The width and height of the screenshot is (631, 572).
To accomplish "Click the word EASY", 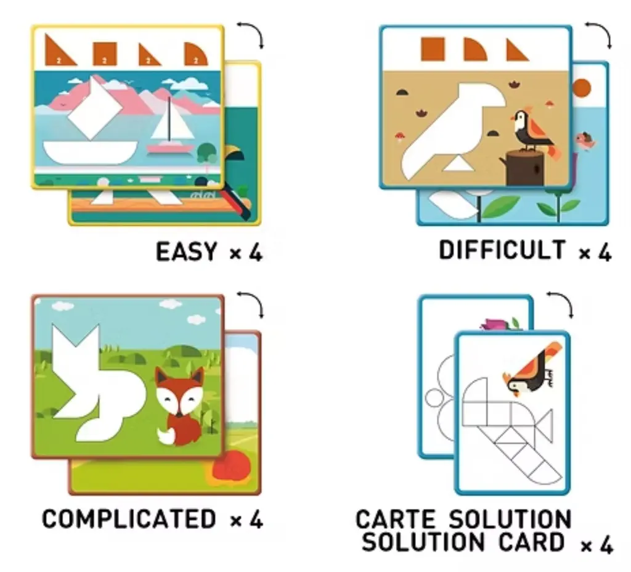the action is [186, 251].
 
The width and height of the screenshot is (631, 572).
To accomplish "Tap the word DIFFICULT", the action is [502, 250].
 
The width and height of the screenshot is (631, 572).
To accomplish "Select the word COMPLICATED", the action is [129, 518].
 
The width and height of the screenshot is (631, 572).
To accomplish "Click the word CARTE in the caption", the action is [396, 519].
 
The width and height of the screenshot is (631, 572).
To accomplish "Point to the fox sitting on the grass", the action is [180, 407].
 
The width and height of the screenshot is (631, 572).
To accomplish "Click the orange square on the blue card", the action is [433, 49].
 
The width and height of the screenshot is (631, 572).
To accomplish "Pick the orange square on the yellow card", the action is [105, 54].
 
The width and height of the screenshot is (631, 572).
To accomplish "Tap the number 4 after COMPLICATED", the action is [256, 519].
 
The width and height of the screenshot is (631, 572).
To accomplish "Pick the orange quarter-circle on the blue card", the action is [475, 49].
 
